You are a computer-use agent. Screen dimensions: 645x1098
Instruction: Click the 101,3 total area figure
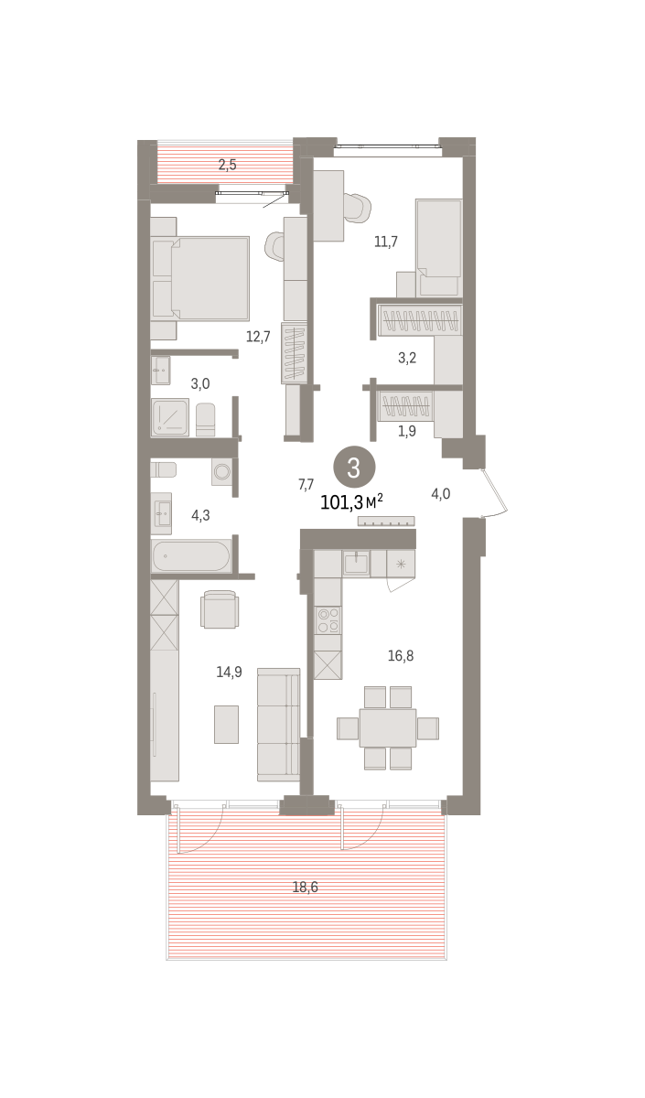tap(341, 502)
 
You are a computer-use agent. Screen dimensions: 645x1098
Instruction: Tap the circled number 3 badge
tap(354, 468)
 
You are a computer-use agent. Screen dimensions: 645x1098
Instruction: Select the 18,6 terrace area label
tap(305, 887)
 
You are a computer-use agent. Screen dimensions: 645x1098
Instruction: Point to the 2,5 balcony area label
tap(227, 165)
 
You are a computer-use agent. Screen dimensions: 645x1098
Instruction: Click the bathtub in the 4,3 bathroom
tap(191, 556)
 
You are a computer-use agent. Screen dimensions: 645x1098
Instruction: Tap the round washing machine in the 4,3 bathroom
tap(222, 471)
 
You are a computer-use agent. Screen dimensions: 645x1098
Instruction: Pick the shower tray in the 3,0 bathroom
tap(170, 417)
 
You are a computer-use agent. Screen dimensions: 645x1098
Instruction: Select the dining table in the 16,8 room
tap(388, 728)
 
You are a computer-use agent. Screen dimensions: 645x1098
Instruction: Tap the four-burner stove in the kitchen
tap(328, 620)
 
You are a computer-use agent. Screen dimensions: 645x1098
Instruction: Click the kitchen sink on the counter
tap(356, 563)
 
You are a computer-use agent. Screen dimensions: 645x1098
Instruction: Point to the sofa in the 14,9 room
tap(278, 724)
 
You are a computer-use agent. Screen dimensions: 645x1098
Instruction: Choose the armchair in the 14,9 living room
tap(220, 609)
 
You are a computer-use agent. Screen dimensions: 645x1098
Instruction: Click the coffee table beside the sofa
tap(227, 724)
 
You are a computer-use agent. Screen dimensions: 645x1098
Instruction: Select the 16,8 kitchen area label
tap(401, 655)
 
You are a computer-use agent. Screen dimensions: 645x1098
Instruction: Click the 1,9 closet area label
tap(407, 431)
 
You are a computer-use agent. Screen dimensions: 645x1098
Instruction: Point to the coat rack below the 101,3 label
tap(386, 521)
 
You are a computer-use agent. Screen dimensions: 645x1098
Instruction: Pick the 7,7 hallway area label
tap(306, 484)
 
